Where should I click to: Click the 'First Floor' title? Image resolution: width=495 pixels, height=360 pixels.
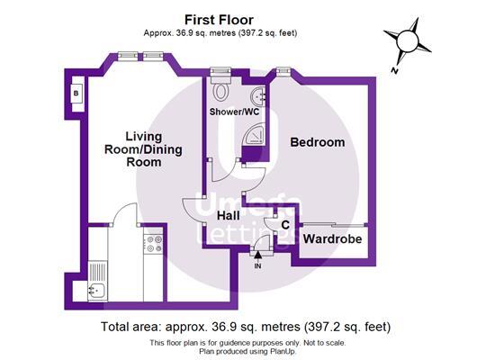[x=218, y=19]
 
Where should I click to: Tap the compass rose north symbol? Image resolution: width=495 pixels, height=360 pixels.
[x=405, y=40]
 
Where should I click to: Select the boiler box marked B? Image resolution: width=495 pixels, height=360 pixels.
[x=76, y=93]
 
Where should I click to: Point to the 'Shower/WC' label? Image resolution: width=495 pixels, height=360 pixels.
[x=232, y=112]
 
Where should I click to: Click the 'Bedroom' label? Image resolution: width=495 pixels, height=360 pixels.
[x=317, y=142]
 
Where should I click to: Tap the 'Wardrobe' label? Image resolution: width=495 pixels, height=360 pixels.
[x=332, y=239]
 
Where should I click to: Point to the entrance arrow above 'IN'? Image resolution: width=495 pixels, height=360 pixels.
[x=258, y=255]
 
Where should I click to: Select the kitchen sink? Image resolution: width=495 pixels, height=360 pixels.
[x=97, y=290]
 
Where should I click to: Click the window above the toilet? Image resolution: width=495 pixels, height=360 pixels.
[x=220, y=70]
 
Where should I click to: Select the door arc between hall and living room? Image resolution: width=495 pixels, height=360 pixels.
[x=192, y=205]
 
